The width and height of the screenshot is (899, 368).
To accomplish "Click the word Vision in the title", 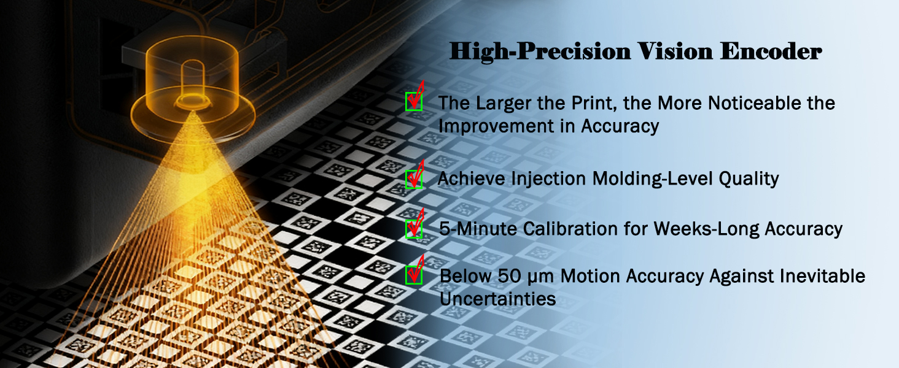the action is click(674, 52).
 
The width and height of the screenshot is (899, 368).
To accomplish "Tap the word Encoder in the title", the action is click(771, 52).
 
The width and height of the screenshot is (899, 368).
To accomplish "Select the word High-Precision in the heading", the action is click(540, 52).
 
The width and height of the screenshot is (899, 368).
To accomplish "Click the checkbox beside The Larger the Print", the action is click(413, 101).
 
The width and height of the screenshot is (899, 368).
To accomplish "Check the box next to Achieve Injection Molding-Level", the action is click(413, 179).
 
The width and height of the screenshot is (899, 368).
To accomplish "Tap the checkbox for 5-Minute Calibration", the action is click(413, 229).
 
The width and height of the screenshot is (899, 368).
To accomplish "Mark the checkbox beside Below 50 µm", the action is click(413, 275).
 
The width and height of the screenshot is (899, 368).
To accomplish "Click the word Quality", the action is click(749, 179).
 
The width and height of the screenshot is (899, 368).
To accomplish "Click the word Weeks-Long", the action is click(706, 229).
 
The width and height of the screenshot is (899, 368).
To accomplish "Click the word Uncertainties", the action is click(497, 299).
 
